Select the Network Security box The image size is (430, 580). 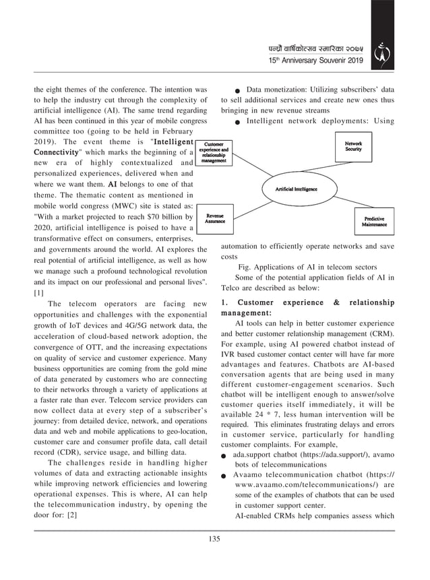tap(353, 146)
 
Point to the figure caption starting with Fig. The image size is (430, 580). tap(299, 267)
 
